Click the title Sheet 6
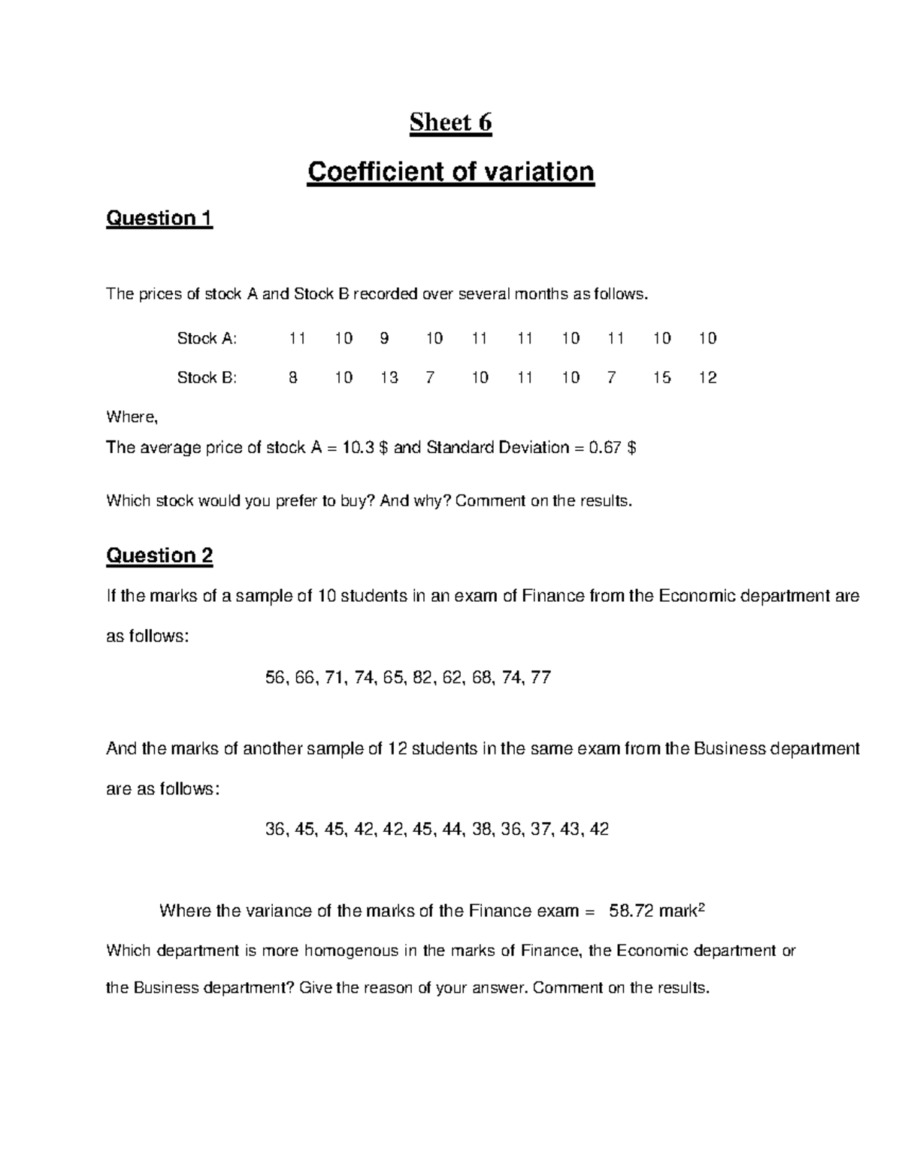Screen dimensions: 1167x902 450,122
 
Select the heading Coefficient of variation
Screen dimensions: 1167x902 450,172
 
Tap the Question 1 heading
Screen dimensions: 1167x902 159,219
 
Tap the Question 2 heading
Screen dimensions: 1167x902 159,556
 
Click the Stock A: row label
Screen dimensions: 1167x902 207,339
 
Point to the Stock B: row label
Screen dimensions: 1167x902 207,378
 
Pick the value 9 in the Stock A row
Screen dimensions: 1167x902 384,339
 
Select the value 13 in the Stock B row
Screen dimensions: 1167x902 389,378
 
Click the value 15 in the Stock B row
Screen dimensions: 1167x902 661,378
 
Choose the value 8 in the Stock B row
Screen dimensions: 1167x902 293,378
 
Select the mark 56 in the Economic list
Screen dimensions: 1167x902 276,679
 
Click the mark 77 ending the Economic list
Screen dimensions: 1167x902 540,679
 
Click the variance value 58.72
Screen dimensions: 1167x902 631,912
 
